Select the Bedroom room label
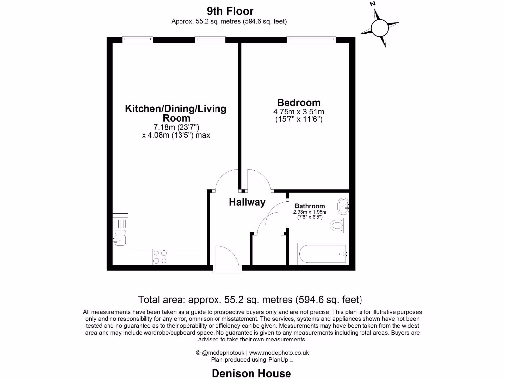(298, 103)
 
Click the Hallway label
(247, 202)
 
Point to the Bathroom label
(310, 206)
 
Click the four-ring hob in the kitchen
(160, 256)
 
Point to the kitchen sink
(120, 240)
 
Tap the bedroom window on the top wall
(311, 40)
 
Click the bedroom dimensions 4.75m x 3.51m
(298, 112)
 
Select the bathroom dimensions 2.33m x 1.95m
(310, 212)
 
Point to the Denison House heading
(252, 373)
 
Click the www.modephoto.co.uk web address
(279, 353)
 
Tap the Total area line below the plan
(250, 299)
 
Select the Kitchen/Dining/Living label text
(176, 109)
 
